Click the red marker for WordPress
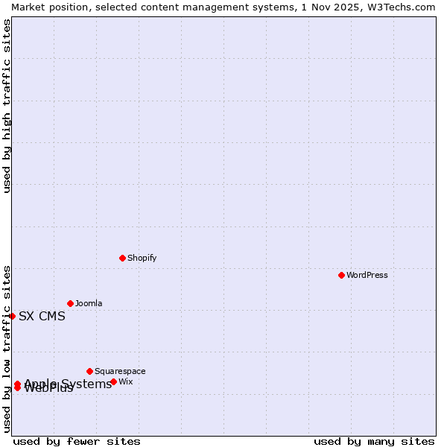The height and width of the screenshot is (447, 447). pos(341,275)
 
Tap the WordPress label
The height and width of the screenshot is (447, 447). pos(367,275)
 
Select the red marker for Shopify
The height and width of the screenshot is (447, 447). pos(122,258)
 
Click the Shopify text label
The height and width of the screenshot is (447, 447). pos(142,258)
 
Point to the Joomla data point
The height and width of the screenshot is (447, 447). pos(70,303)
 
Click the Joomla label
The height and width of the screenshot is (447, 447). pos(89,303)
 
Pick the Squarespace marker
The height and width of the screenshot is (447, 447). pos(89,371)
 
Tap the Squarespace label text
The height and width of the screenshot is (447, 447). pos(120,371)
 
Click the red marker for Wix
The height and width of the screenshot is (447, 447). pos(113,381)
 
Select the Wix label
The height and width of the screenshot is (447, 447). pos(126,381)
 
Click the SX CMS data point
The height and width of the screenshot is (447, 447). pos(12,316)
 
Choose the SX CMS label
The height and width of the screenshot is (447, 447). pos(42,316)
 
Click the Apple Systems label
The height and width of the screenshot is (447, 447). pos(68,384)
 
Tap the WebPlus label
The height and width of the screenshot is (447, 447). pos(49,388)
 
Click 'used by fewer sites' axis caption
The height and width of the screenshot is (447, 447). pos(77,441)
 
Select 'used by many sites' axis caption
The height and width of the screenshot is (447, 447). pos(374,441)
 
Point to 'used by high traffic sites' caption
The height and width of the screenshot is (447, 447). pos(7,106)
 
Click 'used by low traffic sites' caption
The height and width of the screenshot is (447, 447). pos(7,349)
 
